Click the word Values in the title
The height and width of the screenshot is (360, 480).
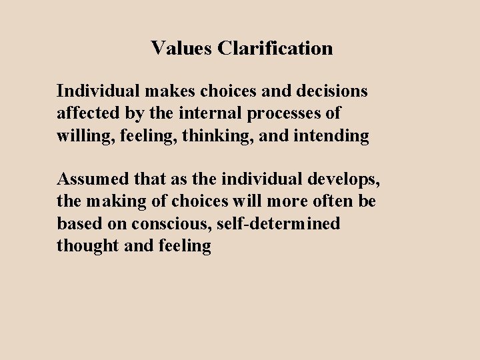178,48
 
